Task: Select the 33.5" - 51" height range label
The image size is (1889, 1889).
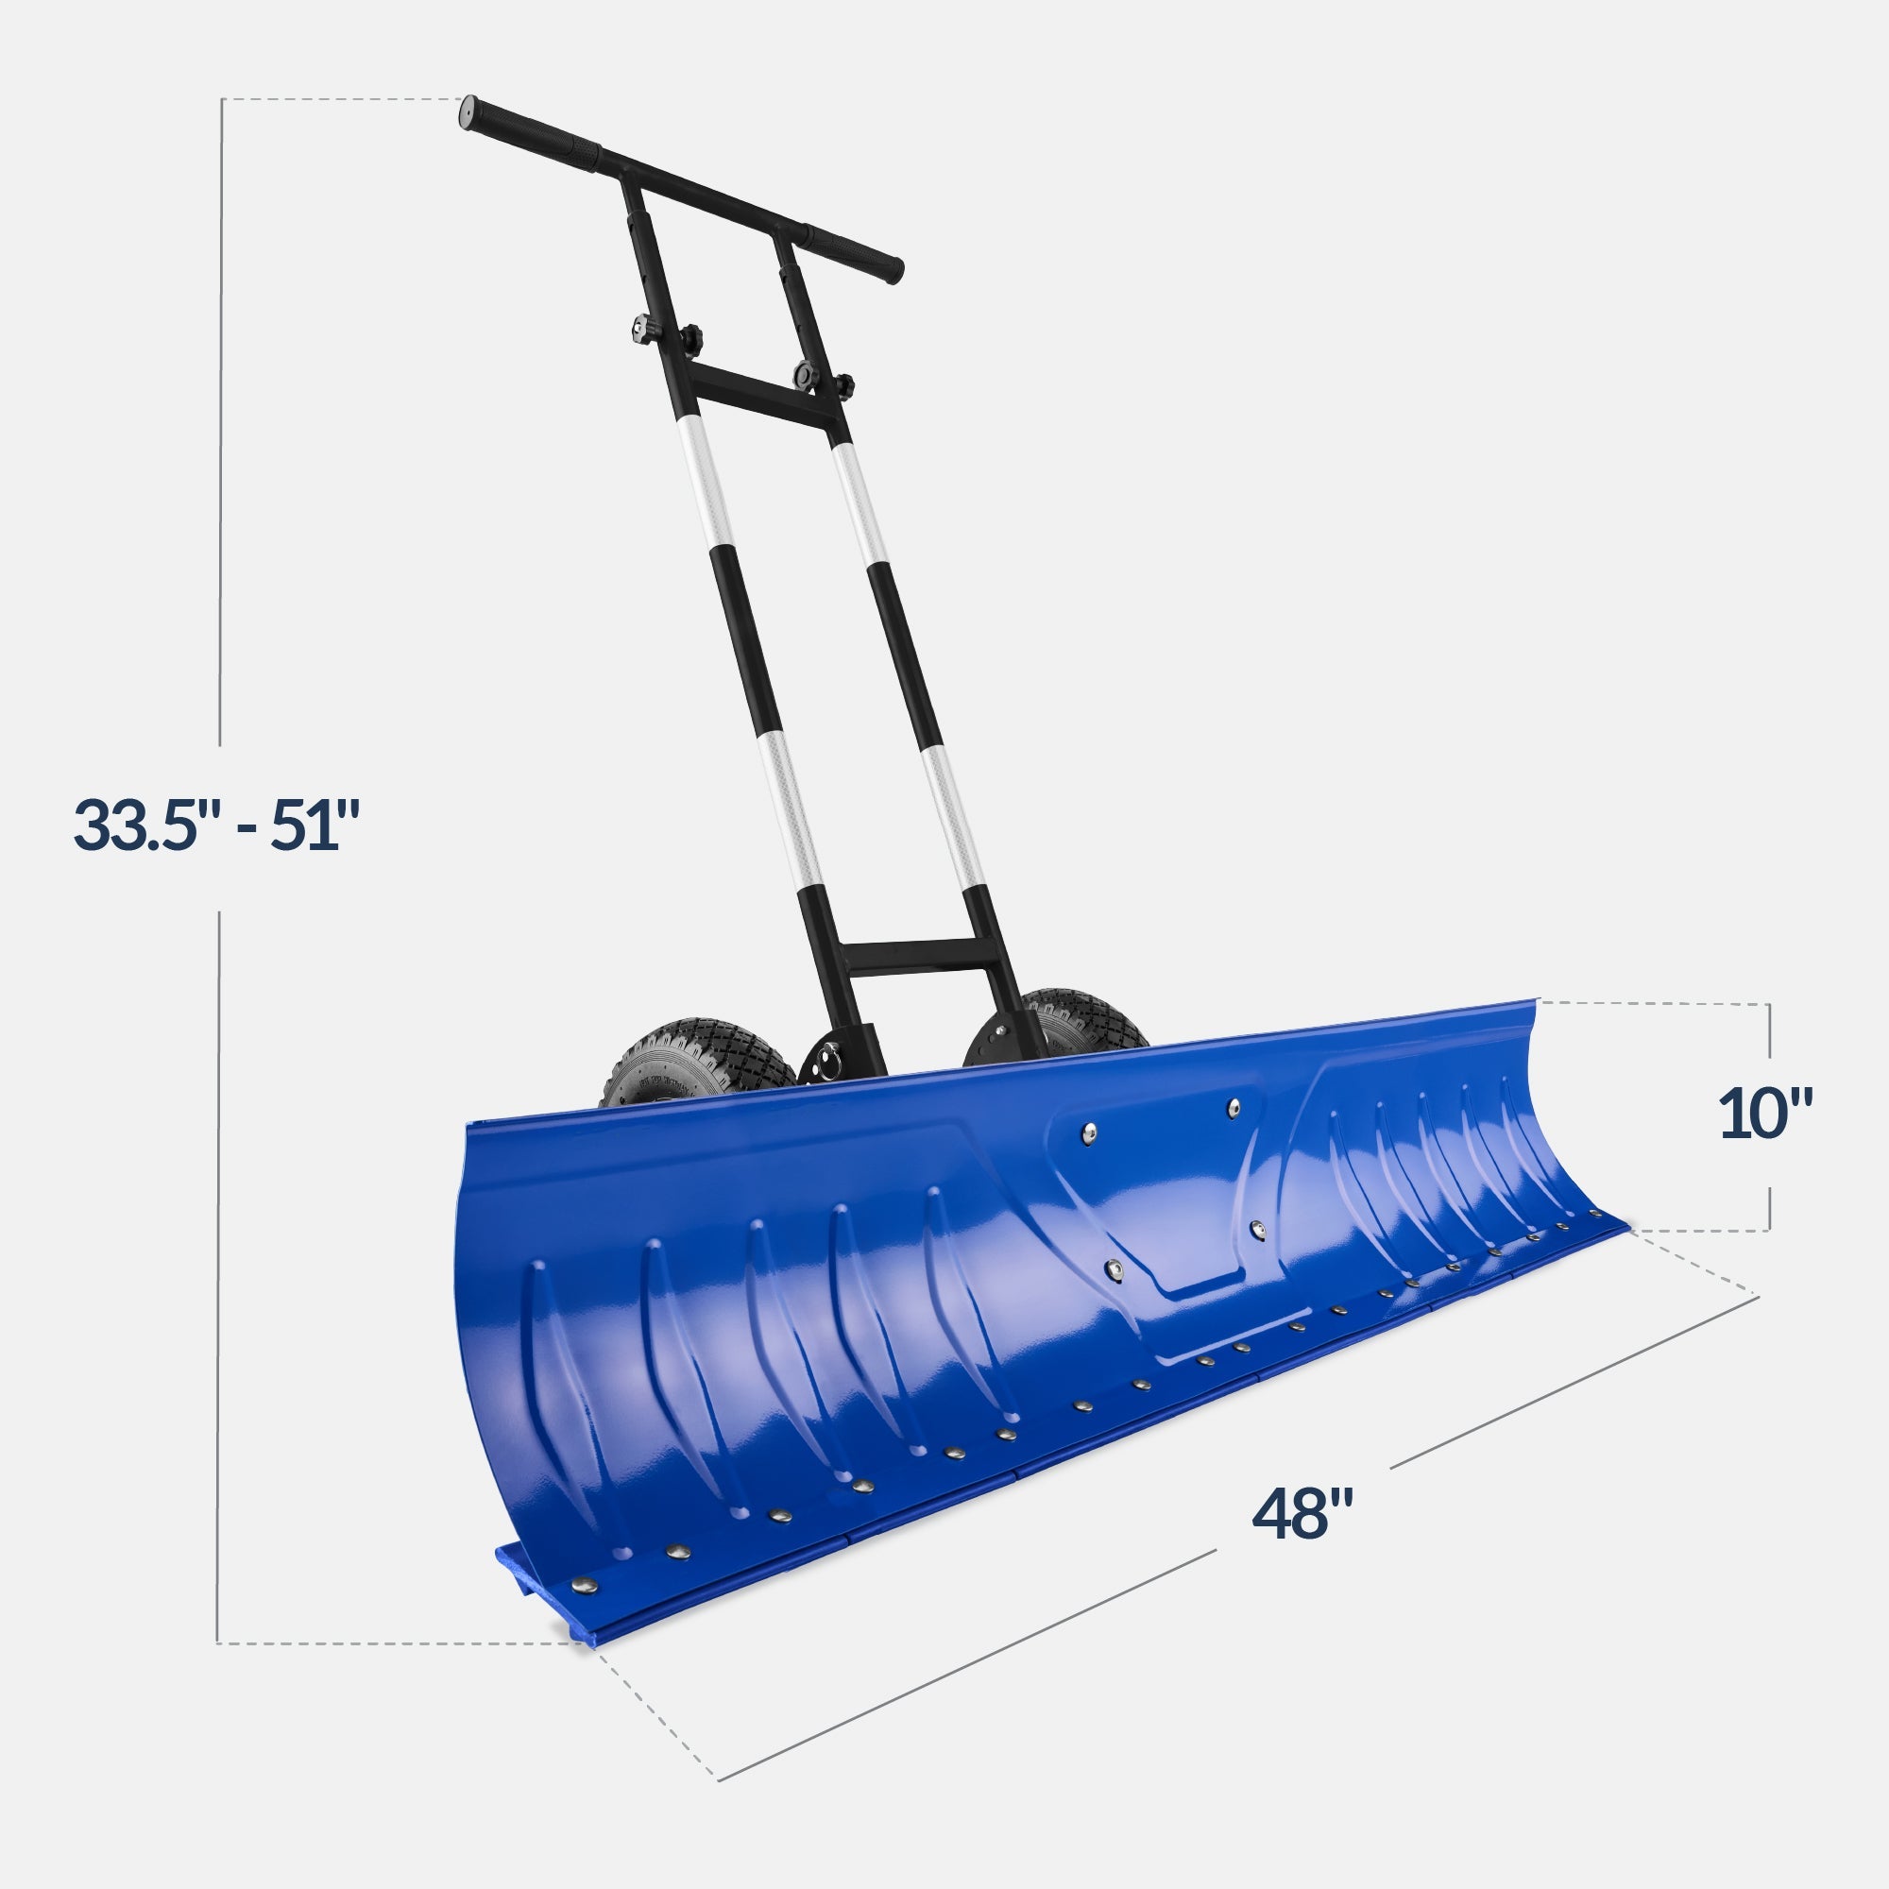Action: (x=217, y=825)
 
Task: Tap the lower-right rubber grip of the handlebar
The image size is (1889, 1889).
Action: (x=851, y=253)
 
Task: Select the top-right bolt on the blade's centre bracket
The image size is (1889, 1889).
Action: (x=1234, y=1107)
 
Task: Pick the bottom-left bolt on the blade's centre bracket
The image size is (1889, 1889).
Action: (x=1113, y=1269)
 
